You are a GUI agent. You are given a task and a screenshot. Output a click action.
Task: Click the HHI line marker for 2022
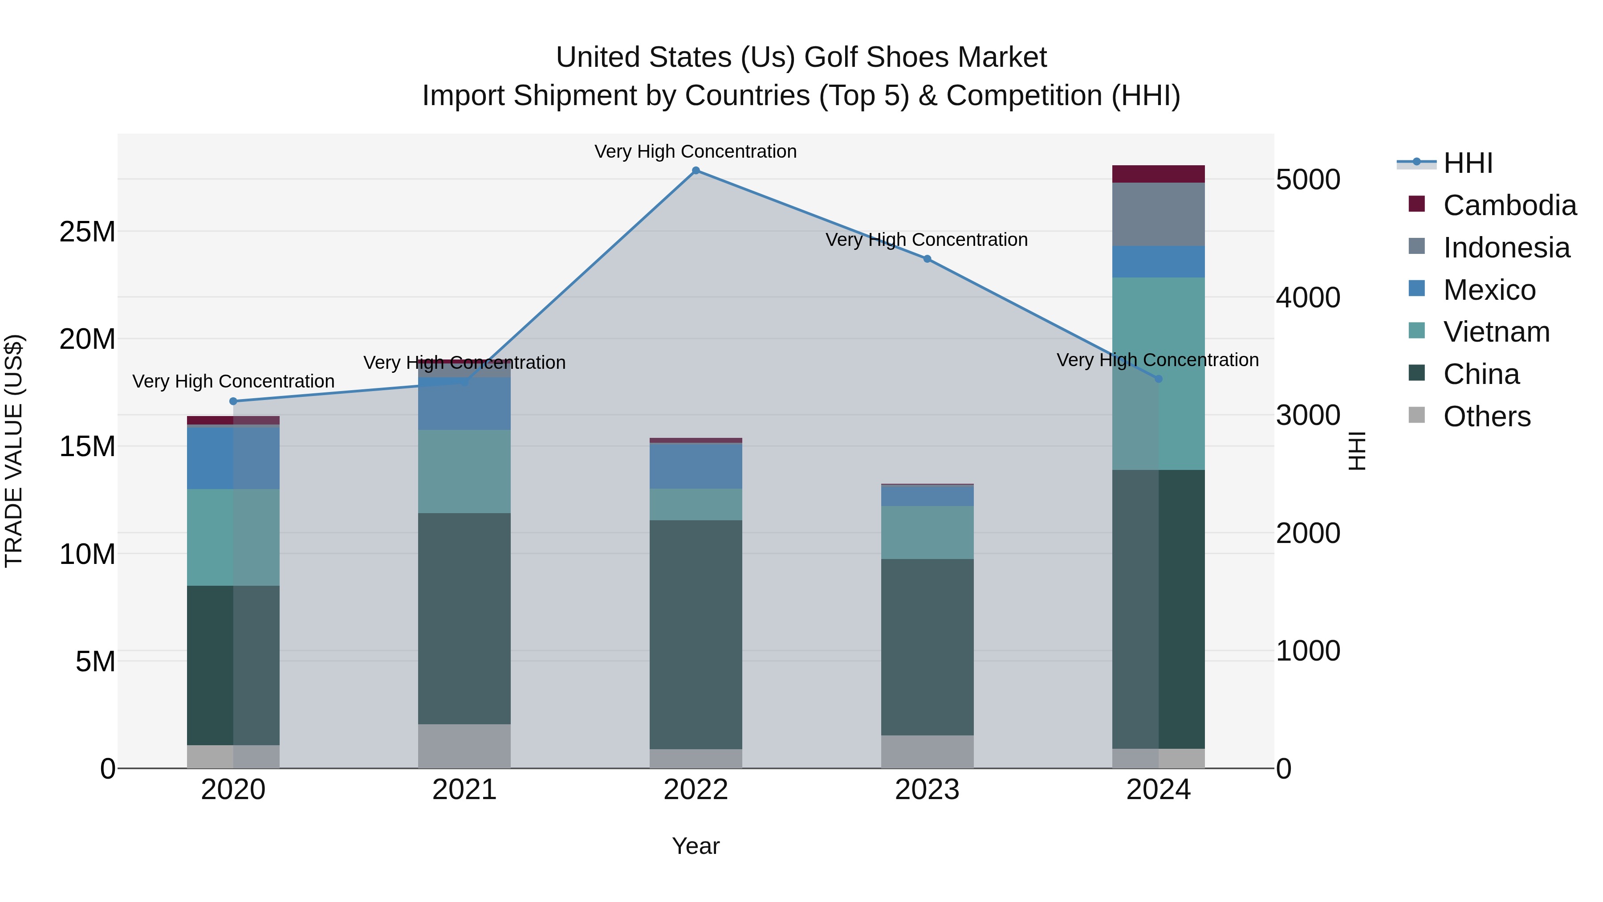696,171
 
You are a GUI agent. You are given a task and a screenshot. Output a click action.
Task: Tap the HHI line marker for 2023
927,259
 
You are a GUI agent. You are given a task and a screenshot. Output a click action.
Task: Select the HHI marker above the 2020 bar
233,401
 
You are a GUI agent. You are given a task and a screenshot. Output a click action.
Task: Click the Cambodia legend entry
1509,205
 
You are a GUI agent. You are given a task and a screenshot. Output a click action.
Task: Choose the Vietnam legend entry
1496,332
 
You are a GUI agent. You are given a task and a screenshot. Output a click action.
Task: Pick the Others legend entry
1486,416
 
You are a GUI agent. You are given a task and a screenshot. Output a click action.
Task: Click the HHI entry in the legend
1467,163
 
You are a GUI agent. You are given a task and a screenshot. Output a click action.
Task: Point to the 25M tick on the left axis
87,232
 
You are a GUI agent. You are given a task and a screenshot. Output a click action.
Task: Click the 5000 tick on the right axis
1307,180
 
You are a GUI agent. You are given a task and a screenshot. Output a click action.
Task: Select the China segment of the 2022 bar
696,635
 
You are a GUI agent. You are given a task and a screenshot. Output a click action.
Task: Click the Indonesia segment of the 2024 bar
1158,214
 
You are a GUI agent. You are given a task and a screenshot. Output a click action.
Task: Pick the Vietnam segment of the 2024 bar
1158,374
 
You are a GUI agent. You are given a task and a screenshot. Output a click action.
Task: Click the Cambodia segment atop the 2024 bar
1158,174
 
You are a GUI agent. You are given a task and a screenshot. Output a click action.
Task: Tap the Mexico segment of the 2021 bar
464,404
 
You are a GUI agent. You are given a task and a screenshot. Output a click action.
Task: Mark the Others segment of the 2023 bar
927,752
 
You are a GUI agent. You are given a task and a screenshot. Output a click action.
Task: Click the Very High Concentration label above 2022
695,152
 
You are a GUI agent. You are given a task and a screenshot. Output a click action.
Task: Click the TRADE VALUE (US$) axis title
14,451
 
